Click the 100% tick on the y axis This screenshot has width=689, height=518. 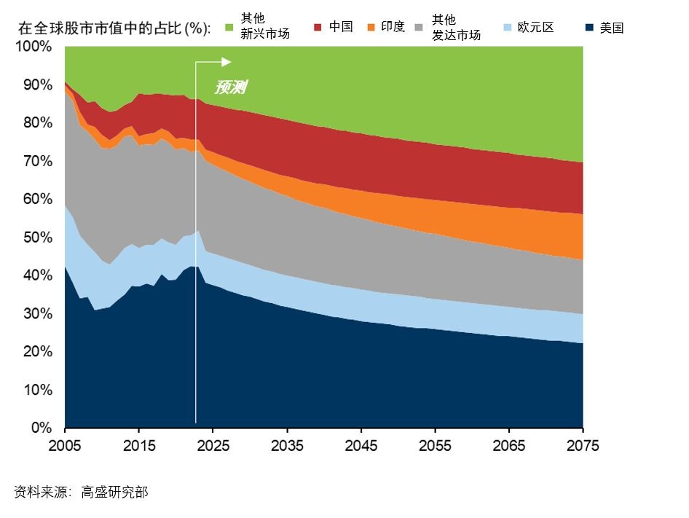(34, 46)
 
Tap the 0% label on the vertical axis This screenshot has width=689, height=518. (42, 428)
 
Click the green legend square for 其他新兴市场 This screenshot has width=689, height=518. (229, 27)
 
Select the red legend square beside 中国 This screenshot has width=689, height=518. (318, 27)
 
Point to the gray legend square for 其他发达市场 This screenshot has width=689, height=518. (420, 27)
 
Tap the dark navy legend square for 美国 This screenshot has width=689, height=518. (590, 28)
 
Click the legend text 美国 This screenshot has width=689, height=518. (612, 28)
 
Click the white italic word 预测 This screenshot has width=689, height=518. (230, 87)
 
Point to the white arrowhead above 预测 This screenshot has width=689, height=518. (227, 62)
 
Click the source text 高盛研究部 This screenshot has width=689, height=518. (115, 493)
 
